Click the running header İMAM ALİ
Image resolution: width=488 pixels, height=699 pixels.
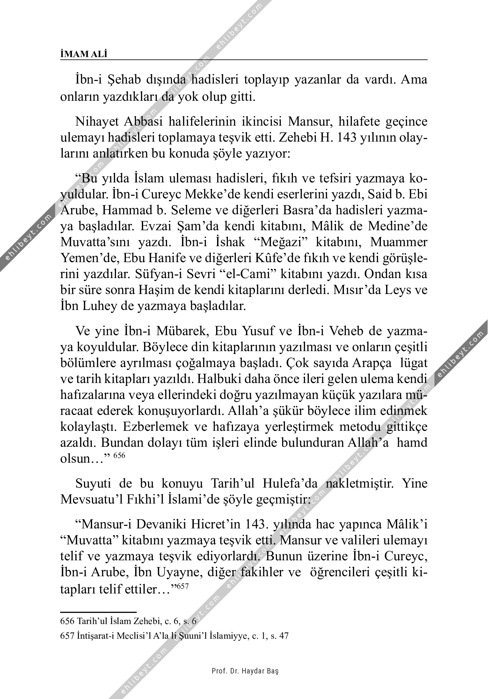84,54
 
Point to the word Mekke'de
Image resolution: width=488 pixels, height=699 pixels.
222,195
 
